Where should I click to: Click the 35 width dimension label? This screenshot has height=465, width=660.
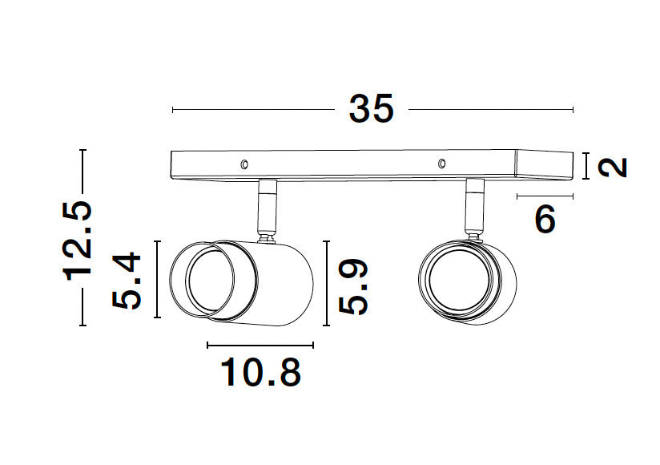pos(372,109)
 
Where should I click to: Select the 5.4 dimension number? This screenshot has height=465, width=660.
pos(127,280)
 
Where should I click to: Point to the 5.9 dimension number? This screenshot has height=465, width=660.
pos(353,287)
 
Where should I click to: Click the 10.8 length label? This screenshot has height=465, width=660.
pos(261,372)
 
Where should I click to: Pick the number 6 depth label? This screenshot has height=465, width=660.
pos(545,219)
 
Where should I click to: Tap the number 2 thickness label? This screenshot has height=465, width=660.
pos(613,168)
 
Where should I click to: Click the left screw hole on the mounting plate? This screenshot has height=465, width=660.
pos(244,164)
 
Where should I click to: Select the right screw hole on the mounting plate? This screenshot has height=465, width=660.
pos(441,164)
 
